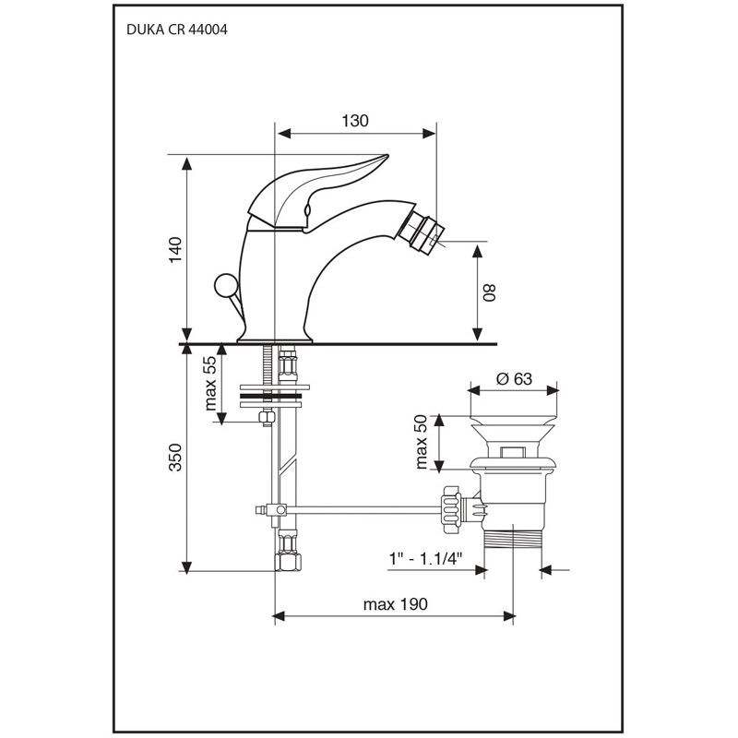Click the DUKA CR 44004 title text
[176, 29]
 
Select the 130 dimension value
[355, 121]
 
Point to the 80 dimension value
[491, 292]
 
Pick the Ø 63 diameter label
[513, 377]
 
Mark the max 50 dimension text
[422, 441]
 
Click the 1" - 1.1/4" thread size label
[424, 559]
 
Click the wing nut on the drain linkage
[451, 506]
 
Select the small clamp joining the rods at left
[273, 508]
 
